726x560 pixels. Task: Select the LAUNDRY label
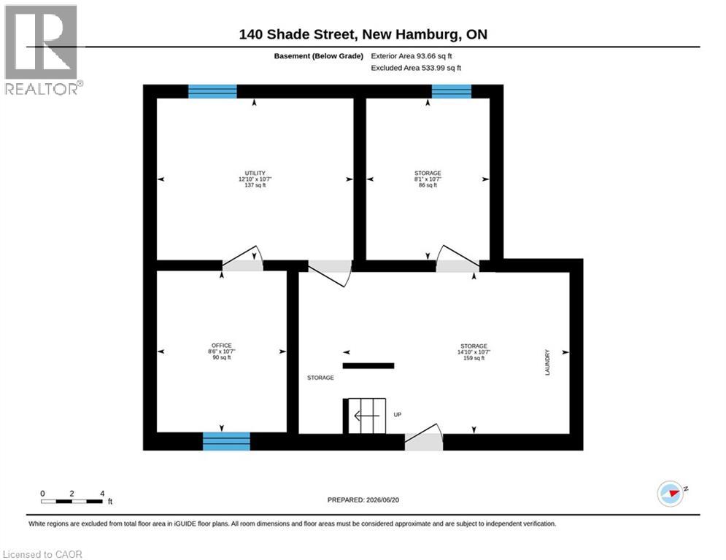click(x=547, y=362)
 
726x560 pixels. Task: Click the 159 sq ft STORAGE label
click(x=474, y=351)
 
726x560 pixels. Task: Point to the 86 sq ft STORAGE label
click(x=428, y=179)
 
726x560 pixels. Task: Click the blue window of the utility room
click(x=212, y=91)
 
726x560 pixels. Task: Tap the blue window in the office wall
click(x=226, y=441)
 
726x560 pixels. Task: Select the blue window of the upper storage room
click(x=452, y=91)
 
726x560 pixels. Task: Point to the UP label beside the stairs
click(x=397, y=415)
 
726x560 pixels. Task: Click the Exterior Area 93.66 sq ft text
click(x=411, y=56)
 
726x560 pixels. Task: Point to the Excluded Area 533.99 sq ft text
click(x=416, y=68)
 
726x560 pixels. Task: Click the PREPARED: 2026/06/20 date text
click(x=363, y=499)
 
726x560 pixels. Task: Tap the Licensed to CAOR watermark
click(x=42, y=554)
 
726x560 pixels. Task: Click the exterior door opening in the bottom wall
click(x=424, y=442)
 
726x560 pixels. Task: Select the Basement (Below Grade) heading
click(x=319, y=56)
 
